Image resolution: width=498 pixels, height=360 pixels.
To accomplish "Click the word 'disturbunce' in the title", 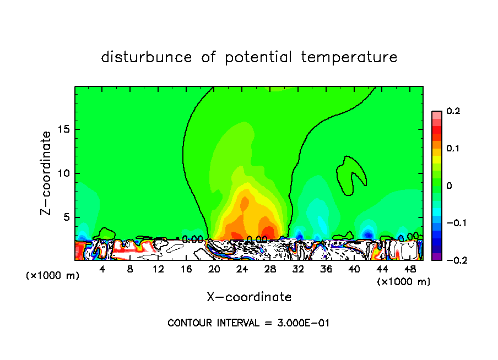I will (x=147, y=57).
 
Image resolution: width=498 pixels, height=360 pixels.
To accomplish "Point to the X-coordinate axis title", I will (x=249, y=297).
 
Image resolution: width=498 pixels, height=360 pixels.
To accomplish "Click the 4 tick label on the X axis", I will (x=102, y=269).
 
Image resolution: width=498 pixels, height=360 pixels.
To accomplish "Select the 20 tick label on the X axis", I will (x=214, y=269).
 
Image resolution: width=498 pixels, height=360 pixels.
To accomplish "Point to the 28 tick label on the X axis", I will (x=270, y=269).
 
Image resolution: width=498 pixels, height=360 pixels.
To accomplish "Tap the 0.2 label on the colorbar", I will (x=453, y=111).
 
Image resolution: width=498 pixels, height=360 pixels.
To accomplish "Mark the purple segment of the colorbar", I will (x=437, y=256).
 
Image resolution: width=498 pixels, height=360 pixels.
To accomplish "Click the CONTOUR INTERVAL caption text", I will (x=248, y=323).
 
